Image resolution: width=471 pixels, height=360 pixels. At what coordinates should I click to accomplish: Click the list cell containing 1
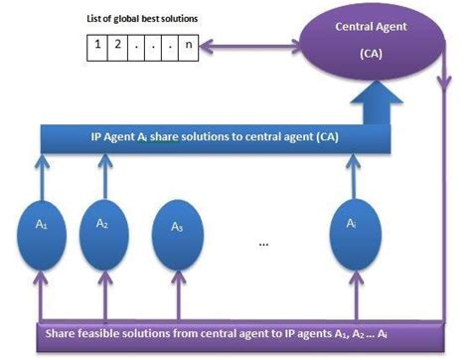click(x=96, y=45)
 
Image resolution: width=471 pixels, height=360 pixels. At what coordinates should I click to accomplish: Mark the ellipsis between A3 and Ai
click(x=262, y=244)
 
